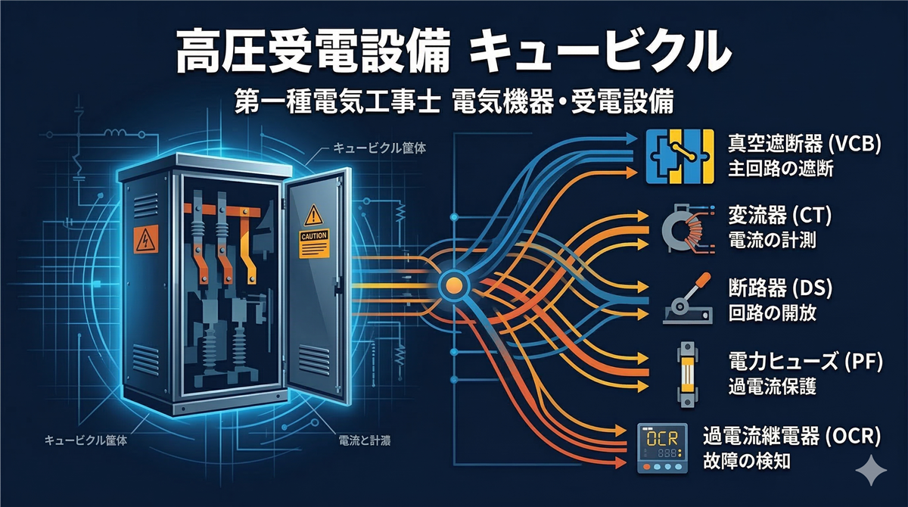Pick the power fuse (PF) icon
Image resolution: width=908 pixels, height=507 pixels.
(686, 371)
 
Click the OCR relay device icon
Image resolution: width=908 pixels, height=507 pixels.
(663, 448)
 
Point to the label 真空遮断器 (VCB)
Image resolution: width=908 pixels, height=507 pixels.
(804, 144)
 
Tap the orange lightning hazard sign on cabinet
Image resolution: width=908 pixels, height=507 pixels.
(144, 240)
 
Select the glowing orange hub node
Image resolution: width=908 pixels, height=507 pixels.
(452, 285)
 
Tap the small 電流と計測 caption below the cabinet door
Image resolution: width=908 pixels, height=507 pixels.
(361, 440)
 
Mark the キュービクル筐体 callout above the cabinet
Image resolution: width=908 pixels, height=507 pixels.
(378, 148)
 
